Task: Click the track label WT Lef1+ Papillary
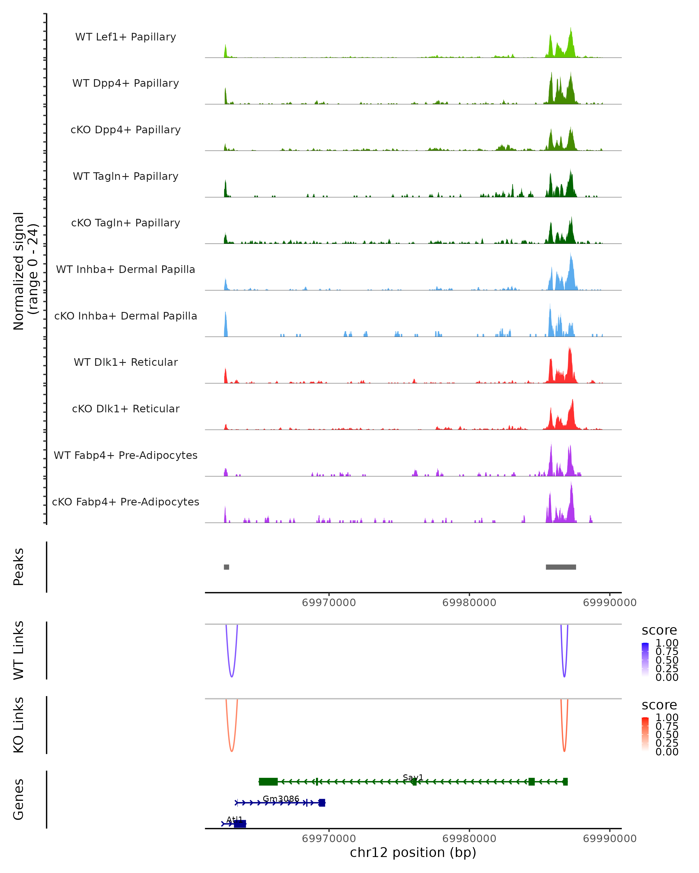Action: point(126,37)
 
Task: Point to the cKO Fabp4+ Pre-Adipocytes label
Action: point(126,502)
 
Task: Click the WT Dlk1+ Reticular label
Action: point(126,362)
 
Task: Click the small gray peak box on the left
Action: point(227,567)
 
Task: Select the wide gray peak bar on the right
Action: point(561,567)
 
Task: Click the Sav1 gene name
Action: point(413,778)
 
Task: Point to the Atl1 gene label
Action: point(234,819)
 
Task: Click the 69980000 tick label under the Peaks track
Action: point(469,603)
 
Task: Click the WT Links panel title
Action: point(19,650)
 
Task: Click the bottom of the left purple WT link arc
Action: point(231,677)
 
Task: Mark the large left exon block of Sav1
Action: point(268,782)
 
